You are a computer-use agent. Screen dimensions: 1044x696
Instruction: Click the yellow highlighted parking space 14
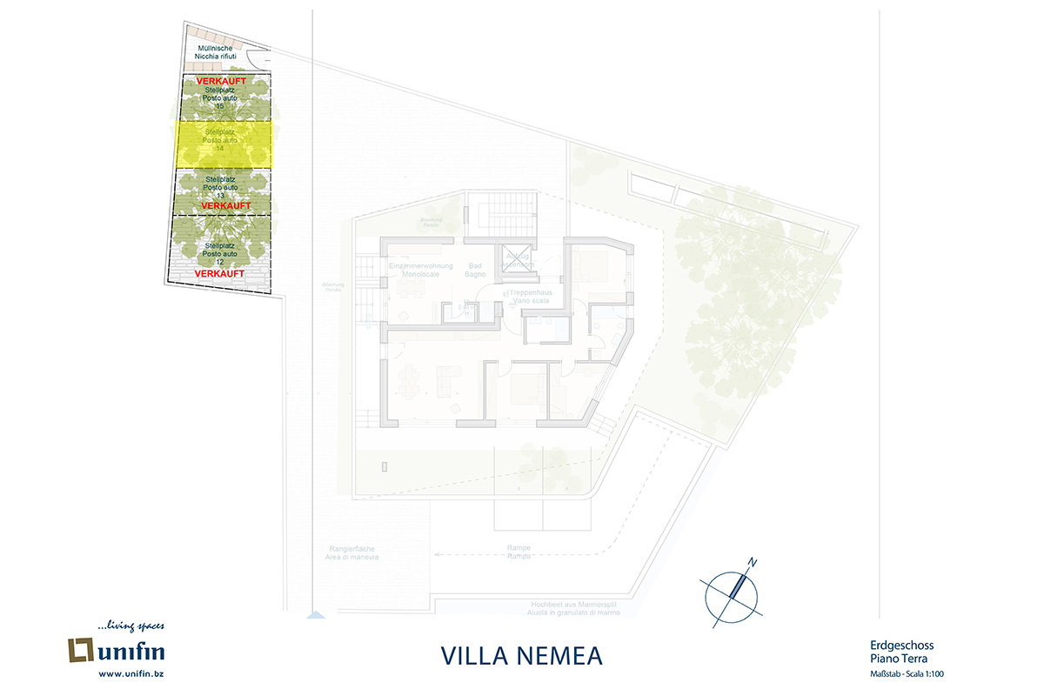224,144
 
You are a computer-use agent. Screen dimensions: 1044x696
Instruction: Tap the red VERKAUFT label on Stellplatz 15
222,82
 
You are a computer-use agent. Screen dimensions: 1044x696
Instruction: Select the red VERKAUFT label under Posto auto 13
225,205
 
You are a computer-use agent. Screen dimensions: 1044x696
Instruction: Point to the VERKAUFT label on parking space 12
218,273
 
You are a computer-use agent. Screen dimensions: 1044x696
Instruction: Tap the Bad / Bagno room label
475,269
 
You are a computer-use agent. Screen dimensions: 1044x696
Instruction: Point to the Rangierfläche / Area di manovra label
354,552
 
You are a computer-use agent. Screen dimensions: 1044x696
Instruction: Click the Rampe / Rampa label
519,552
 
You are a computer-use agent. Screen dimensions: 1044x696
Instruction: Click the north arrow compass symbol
732,592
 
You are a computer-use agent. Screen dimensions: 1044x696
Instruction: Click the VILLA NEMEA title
522,654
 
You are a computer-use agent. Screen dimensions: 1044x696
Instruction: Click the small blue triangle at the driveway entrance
315,617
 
